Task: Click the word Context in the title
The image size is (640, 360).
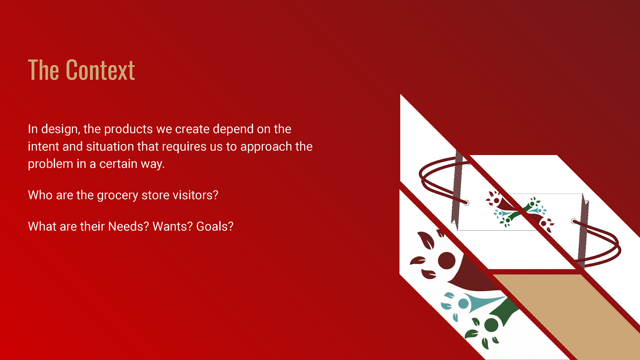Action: [x=100, y=70]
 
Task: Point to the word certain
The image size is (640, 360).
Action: [x=118, y=164]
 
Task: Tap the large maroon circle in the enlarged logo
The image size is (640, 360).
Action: [x=447, y=261]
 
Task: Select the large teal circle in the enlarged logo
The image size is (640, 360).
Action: [x=463, y=304]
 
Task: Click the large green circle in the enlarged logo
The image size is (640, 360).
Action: [x=491, y=325]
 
